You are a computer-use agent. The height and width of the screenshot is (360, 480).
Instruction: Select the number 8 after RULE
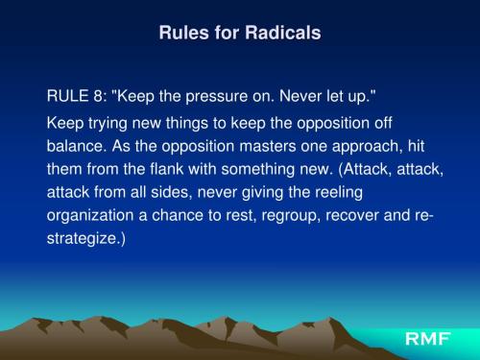95,97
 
